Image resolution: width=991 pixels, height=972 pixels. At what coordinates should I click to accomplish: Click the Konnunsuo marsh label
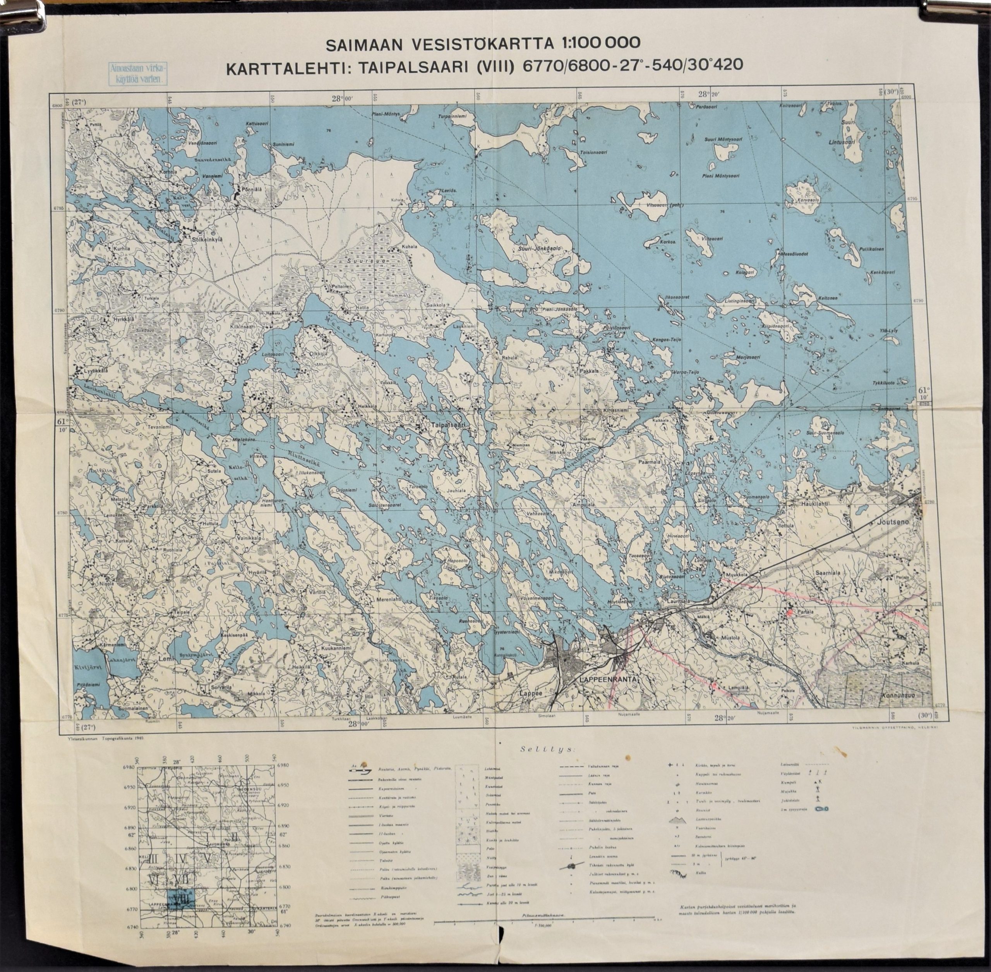(902, 696)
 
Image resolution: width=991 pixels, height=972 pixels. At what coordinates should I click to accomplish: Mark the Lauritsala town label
(675, 602)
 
